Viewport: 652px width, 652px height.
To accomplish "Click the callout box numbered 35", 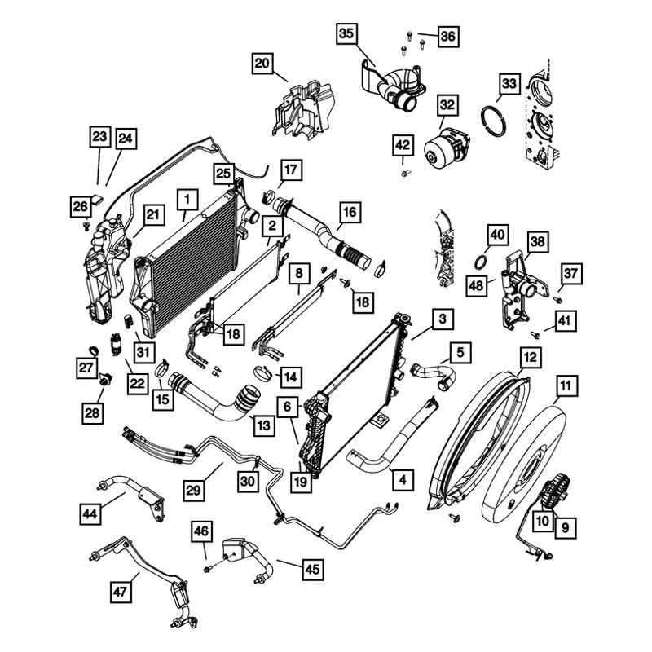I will coord(346,34).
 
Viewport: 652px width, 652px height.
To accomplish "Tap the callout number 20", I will coord(262,64).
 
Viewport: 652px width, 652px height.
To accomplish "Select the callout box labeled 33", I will coord(509,85).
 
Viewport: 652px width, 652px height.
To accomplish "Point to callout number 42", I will coord(403,145).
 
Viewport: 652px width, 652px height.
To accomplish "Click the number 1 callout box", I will coord(187,198).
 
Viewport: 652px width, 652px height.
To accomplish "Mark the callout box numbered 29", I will coord(193,490).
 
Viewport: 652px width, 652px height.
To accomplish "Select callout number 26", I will coord(80,206).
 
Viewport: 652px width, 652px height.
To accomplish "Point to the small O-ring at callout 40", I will coord(482,262).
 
